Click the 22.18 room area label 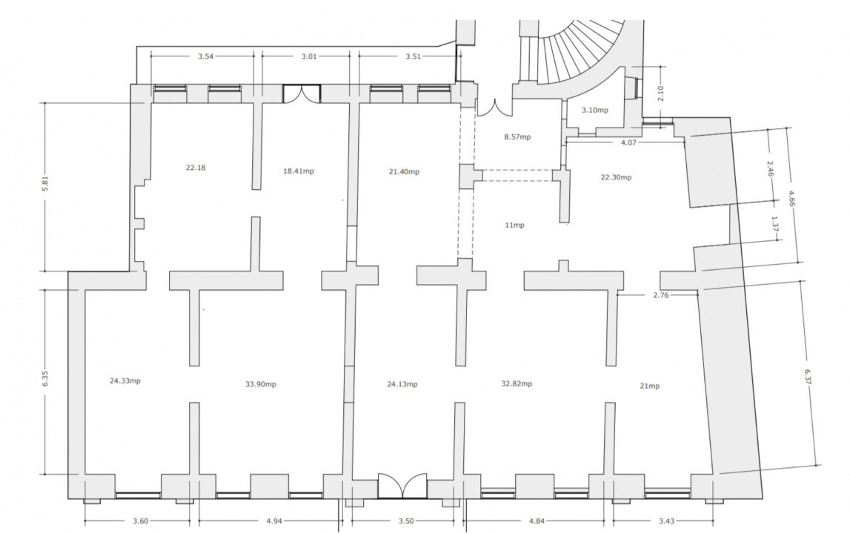coord(196,168)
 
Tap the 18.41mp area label coord(298,171)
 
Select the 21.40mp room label coord(404,171)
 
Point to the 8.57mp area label coord(517,136)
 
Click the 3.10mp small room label coord(594,111)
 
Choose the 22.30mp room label coord(616,177)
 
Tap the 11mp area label coord(514,225)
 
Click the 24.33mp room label coord(125,381)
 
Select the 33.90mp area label coord(261,384)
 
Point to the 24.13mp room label coord(402,384)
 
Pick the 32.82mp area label coord(517,383)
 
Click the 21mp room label coord(649,386)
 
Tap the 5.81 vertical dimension coord(46,185)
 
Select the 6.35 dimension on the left coord(46,378)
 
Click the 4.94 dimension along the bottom coord(275,521)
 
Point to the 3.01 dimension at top coord(309,56)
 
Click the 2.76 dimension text coord(661,295)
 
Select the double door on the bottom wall coord(402,486)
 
